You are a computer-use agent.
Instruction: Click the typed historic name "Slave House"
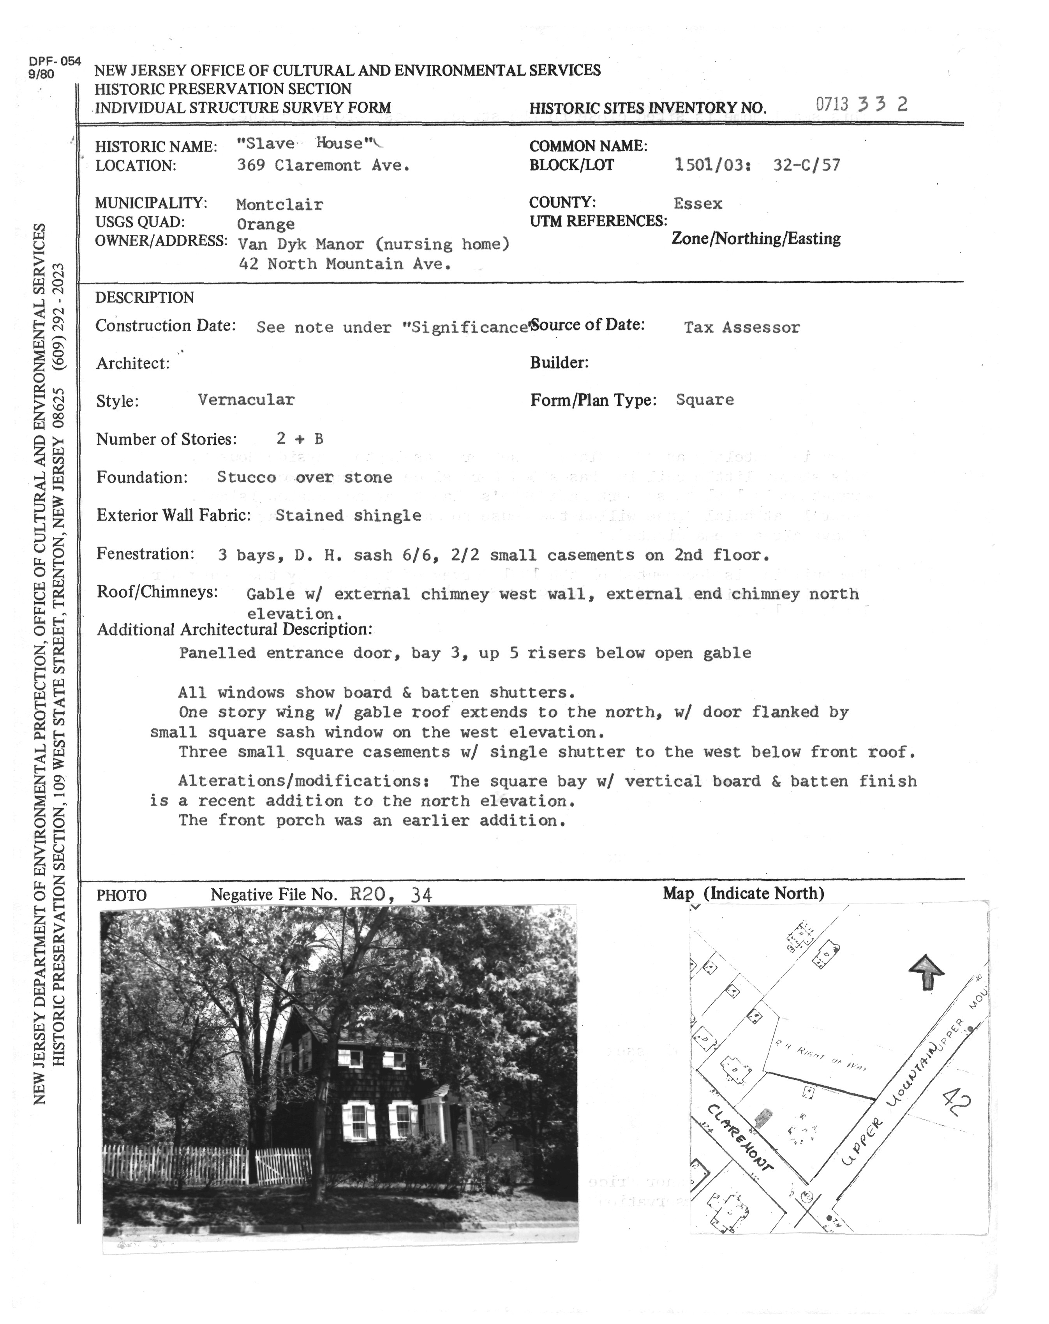point(305,144)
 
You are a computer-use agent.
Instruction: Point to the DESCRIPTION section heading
point(145,298)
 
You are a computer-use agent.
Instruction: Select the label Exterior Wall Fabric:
point(173,515)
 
